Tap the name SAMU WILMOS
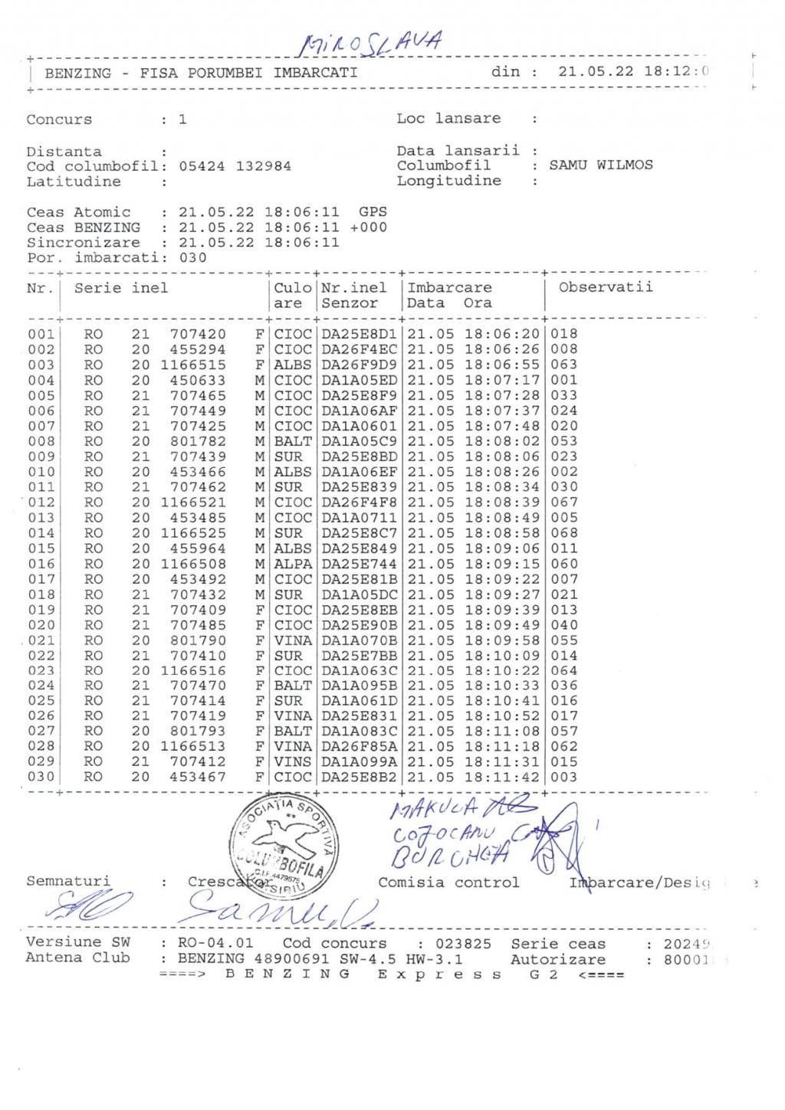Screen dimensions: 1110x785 click(x=601, y=165)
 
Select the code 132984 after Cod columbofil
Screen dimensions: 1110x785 click(x=263, y=166)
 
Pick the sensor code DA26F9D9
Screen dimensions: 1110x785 click(x=359, y=365)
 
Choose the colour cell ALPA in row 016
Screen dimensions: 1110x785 click(x=293, y=564)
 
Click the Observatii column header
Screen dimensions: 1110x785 click(x=606, y=287)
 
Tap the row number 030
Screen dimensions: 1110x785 click(x=41, y=777)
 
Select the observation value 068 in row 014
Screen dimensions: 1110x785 click(x=563, y=533)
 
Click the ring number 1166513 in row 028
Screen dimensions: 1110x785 click(x=193, y=746)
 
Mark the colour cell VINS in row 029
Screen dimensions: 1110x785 click(x=293, y=761)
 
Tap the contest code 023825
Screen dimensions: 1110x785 click(x=463, y=944)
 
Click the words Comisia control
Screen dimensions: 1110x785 click(x=448, y=882)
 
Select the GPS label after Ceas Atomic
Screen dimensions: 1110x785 click(x=373, y=212)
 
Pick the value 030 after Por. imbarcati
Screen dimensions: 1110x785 click(x=192, y=258)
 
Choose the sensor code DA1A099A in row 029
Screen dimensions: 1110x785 click(x=359, y=761)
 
